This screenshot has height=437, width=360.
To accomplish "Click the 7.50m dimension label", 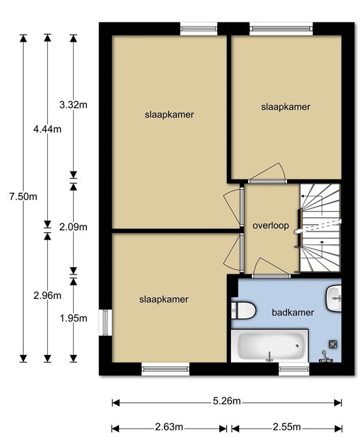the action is [x=23, y=197].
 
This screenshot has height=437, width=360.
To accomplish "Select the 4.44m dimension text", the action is [x=47, y=129].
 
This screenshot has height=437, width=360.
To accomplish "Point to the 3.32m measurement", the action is [x=73, y=105].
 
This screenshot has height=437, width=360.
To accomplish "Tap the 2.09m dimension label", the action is [x=73, y=227].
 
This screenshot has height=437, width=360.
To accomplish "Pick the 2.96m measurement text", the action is [x=47, y=296].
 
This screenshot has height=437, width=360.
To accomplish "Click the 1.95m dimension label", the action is [x=73, y=318].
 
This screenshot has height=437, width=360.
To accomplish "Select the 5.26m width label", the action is [x=227, y=401].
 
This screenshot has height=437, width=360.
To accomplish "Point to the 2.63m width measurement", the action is [x=169, y=427].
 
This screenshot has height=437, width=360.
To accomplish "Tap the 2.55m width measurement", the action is [x=287, y=427].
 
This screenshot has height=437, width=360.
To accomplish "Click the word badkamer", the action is [x=293, y=313].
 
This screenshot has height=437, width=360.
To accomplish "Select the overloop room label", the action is [x=271, y=225].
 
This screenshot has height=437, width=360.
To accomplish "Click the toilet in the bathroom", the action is [x=243, y=310].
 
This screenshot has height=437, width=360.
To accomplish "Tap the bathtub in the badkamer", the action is [x=270, y=346].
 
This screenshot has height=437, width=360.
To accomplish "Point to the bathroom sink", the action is [x=334, y=298].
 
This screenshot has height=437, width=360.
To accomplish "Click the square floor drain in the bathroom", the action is [x=333, y=344].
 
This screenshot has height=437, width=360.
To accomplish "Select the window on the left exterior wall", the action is [x=105, y=322].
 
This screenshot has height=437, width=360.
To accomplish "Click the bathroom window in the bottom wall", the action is [x=294, y=369].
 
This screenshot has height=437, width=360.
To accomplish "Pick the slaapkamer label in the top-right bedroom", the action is [x=286, y=107].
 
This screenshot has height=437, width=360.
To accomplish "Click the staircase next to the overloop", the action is [x=320, y=227].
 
